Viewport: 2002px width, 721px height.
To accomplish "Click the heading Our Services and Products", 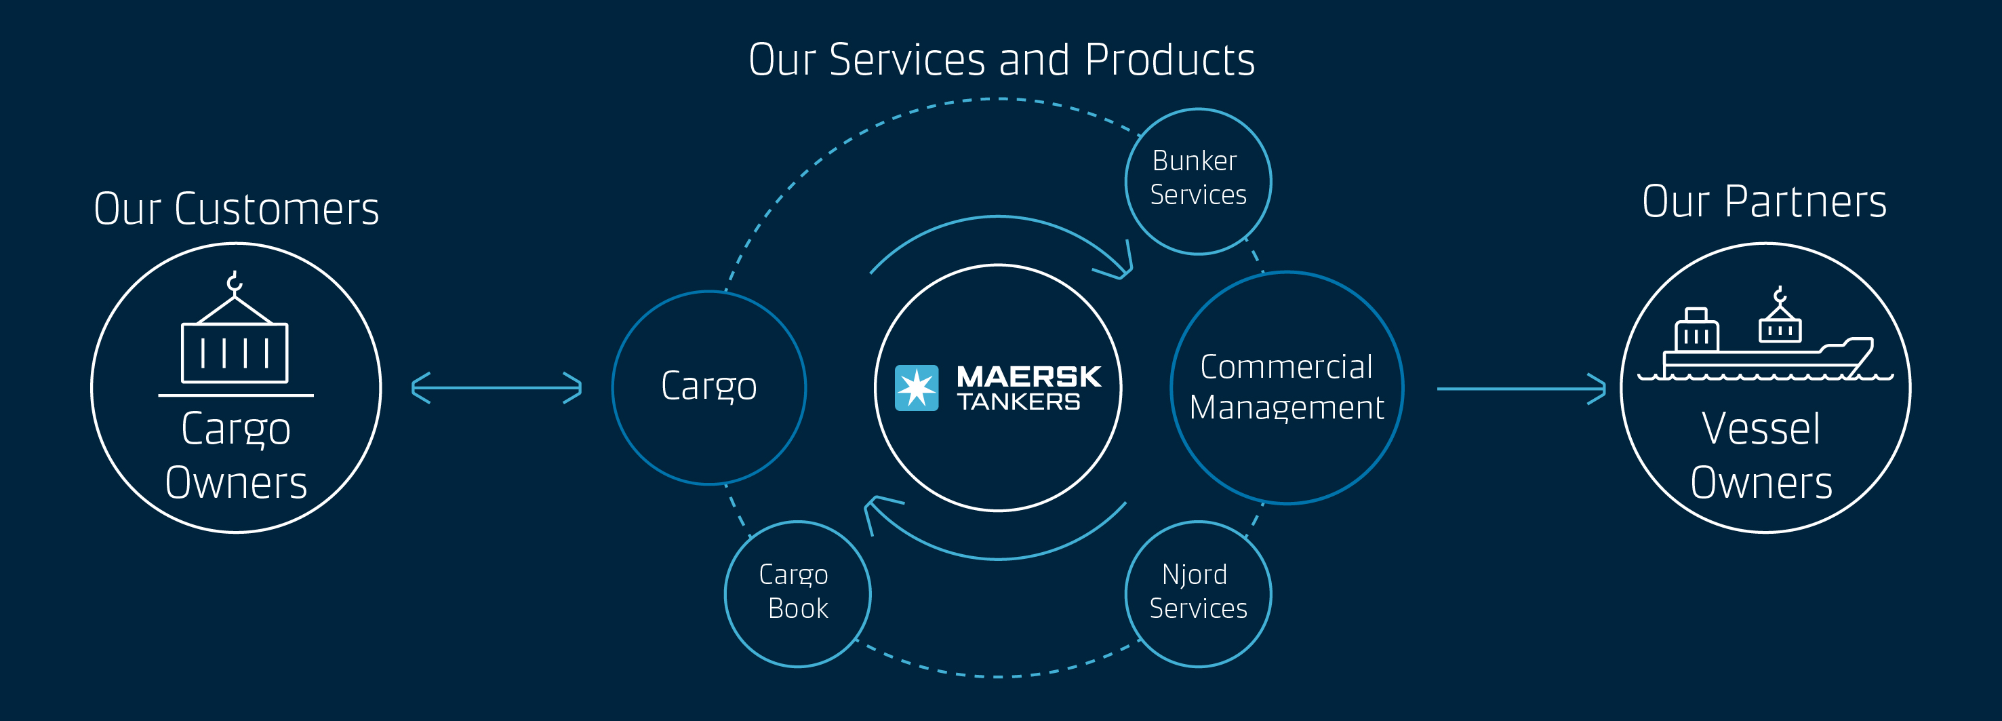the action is click(x=1001, y=60).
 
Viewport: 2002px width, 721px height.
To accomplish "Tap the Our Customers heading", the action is click(x=236, y=208).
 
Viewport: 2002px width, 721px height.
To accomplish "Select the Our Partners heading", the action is click(x=1763, y=201).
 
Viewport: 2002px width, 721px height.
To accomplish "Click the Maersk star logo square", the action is click(x=917, y=387).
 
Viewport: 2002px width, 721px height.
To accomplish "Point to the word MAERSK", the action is click(x=1028, y=376).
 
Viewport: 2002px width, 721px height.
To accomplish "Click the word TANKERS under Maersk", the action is click(x=1018, y=402).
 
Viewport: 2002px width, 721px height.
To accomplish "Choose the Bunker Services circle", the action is click(x=1198, y=180).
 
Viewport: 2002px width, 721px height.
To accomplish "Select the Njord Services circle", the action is click(x=1198, y=593).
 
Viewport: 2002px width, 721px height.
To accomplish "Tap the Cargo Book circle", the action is click(x=797, y=593).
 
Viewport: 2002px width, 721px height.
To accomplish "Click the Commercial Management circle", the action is click(x=1286, y=387).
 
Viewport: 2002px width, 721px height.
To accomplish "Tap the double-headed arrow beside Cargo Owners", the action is click(x=497, y=387).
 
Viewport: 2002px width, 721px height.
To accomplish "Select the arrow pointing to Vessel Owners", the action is click(x=1520, y=388).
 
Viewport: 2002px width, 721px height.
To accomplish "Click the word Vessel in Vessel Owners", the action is click(x=1760, y=429).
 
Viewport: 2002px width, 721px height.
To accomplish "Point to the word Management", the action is click(x=1286, y=408).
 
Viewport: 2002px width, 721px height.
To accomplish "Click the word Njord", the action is click(x=1195, y=574).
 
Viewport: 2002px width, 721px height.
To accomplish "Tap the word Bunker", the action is click(x=1195, y=161).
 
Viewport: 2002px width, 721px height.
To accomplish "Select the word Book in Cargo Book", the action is click(x=797, y=608).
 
